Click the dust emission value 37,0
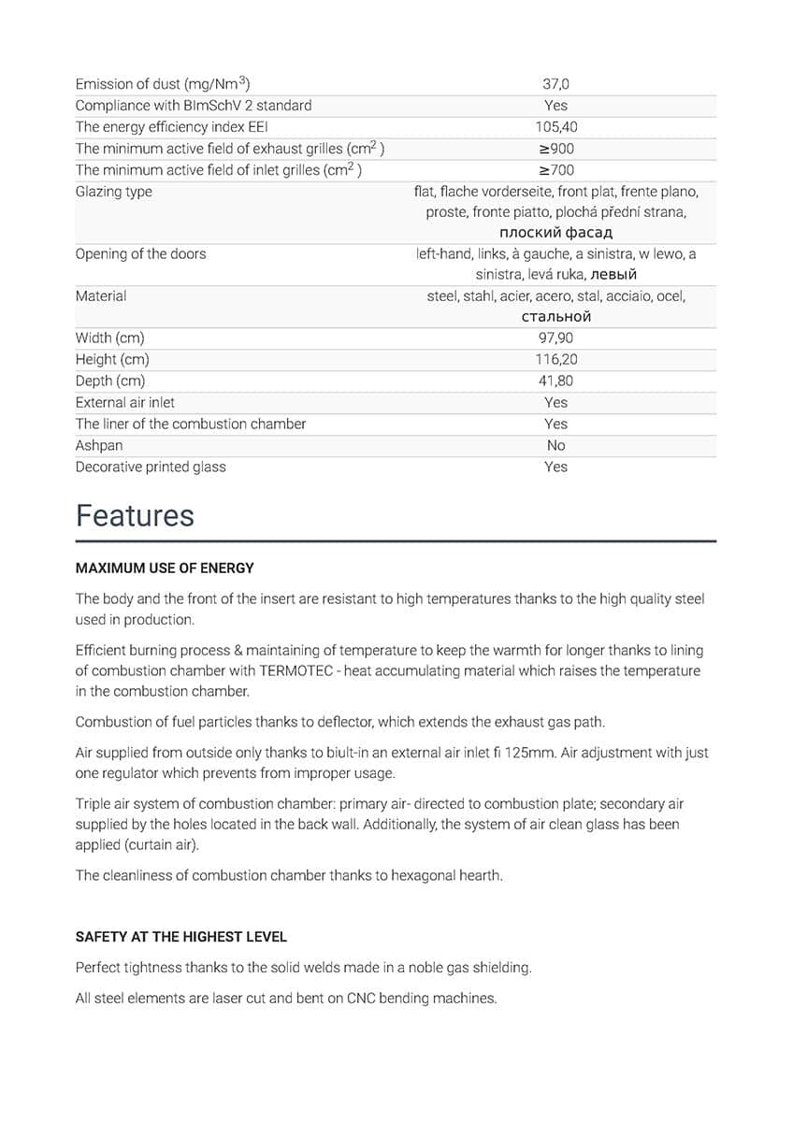pos(555,84)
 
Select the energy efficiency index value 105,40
pos(555,127)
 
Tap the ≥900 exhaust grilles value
pos(555,149)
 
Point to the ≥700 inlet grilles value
pos(555,170)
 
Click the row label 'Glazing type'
pos(113,192)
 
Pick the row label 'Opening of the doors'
pos(140,253)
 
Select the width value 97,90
pos(555,338)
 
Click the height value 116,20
pos(555,359)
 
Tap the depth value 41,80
pos(555,381)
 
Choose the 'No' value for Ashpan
pos(555,445)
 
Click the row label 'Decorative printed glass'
pos(151,467)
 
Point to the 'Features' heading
pos(135,516)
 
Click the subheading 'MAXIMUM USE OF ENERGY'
pos(165,568)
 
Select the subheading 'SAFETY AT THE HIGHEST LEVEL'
pos(181,936)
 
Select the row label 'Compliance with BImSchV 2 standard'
pos(194,106)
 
